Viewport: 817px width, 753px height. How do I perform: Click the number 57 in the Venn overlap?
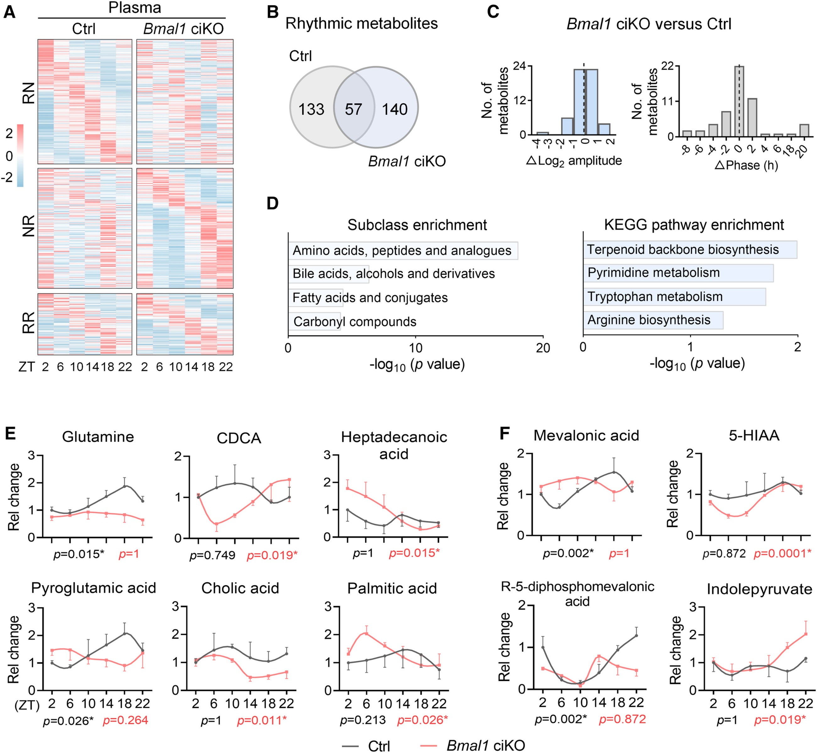353,109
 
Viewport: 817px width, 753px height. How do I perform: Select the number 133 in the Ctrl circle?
311,109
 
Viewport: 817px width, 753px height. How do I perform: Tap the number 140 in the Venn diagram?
394,109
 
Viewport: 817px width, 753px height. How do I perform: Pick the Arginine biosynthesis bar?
653,320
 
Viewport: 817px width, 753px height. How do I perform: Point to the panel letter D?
272,203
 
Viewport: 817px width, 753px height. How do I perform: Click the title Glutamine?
98,437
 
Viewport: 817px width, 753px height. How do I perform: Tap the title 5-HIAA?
754,436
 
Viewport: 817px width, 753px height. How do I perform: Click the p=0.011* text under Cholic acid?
262,720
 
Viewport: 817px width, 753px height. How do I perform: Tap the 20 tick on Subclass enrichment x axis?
543,348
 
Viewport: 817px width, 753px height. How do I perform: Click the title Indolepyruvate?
759,589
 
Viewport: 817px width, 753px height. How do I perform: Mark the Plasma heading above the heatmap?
134,8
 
